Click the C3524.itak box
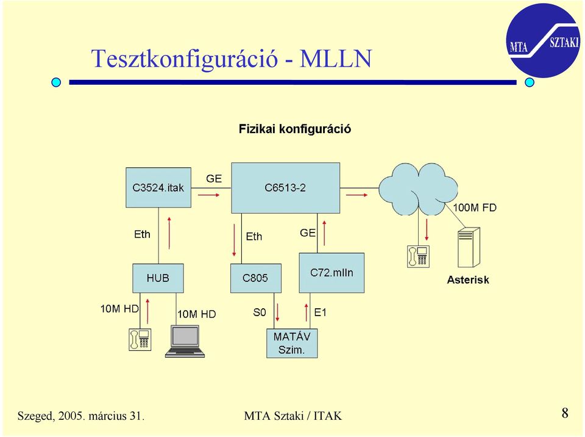[x=158, y=187]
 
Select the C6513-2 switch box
[x=285, y=187]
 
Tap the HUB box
[x=158, y=278]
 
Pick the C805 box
[x=255, y=278]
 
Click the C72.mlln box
[x=331, y=273]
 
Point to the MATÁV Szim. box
[x=292, y=343]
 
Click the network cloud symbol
[x=418, y=189]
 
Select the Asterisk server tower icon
[x=469, y=247]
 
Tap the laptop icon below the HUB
[x=185, y=341]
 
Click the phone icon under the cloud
[x=418, y=256]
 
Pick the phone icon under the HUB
[x=140, y=339]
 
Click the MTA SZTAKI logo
[x=543, y=40]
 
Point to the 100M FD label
[x=475, y=208]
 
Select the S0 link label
[x=260, y=312]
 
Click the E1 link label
[x=320, y=312]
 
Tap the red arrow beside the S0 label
[x=277, y=312]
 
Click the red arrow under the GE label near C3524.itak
[x=209, y=195]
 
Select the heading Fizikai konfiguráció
[x=295, y=129]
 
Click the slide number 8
[x=565, y=413]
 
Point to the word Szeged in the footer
[x=35, y=416]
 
